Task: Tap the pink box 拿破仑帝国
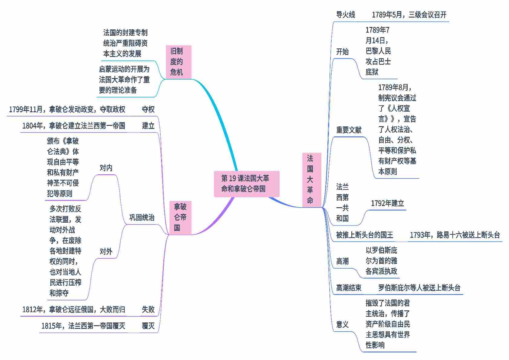180,217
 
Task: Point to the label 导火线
346,15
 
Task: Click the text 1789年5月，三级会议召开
409,15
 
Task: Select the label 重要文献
349,130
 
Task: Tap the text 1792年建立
387,203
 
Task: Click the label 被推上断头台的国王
364,235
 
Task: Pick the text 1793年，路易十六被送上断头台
455,235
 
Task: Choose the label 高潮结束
349,287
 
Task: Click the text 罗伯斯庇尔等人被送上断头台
419,287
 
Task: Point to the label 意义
342,324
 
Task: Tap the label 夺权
148,109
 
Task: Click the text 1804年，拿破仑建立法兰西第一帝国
74,126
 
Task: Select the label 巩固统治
142,217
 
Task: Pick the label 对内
106,168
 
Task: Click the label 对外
106,251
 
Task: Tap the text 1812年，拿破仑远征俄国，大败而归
74,309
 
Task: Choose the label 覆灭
148,326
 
